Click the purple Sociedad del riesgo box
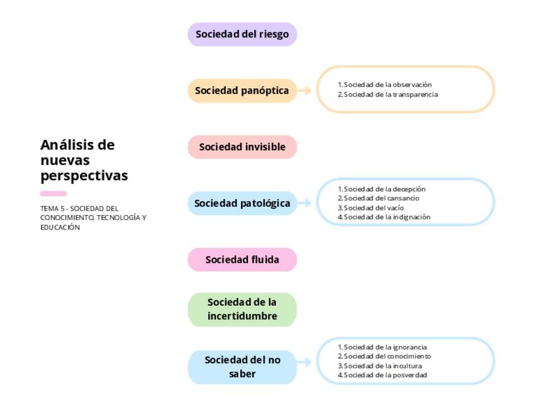coord(242,35)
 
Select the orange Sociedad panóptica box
coord(242,91)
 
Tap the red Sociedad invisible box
coord(242,147)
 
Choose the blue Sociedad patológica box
coord(242,204)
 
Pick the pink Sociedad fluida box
coord(242,260)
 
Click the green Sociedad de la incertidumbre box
coord(242,310)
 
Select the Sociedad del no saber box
coord(242,367)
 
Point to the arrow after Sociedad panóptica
coord(305,91)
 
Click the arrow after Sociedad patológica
coord(305,203)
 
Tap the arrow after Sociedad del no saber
coord(305,362)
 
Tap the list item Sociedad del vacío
coord(373,207)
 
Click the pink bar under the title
coord(53,194)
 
